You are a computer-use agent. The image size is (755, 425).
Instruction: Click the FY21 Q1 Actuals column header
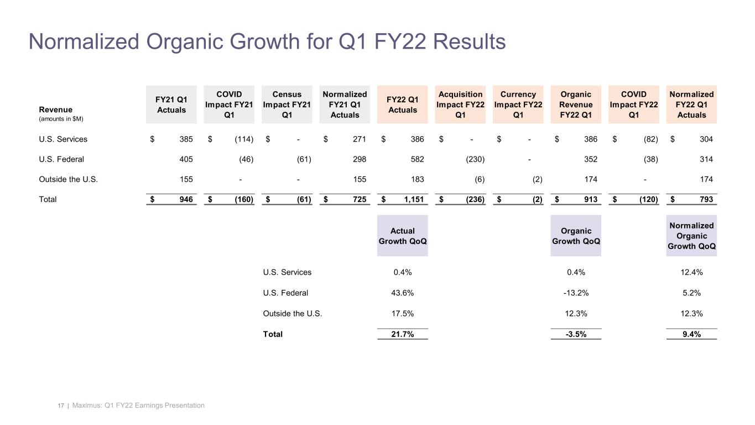[x=171, y=105]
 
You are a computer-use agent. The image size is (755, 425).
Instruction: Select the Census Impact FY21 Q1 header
[x=287, y=105]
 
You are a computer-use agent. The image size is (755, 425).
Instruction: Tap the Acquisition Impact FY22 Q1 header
[x=460, y=105]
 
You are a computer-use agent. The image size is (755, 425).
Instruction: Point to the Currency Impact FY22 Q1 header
[x=518, y=105]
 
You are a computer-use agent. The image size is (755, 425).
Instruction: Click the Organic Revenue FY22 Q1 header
[x=576, y=105]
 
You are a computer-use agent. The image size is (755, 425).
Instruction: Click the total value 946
[x=186, y=199]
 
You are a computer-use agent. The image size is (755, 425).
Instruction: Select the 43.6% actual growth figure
[x=402, y=293]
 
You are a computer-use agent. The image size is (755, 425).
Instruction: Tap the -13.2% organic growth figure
[x=575, y=293]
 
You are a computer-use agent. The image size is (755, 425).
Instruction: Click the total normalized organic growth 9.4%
[x=692, y=334]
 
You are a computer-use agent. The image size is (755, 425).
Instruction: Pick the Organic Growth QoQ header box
[x=576, y=236]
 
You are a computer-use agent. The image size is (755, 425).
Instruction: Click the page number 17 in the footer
[x=60, y=406]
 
